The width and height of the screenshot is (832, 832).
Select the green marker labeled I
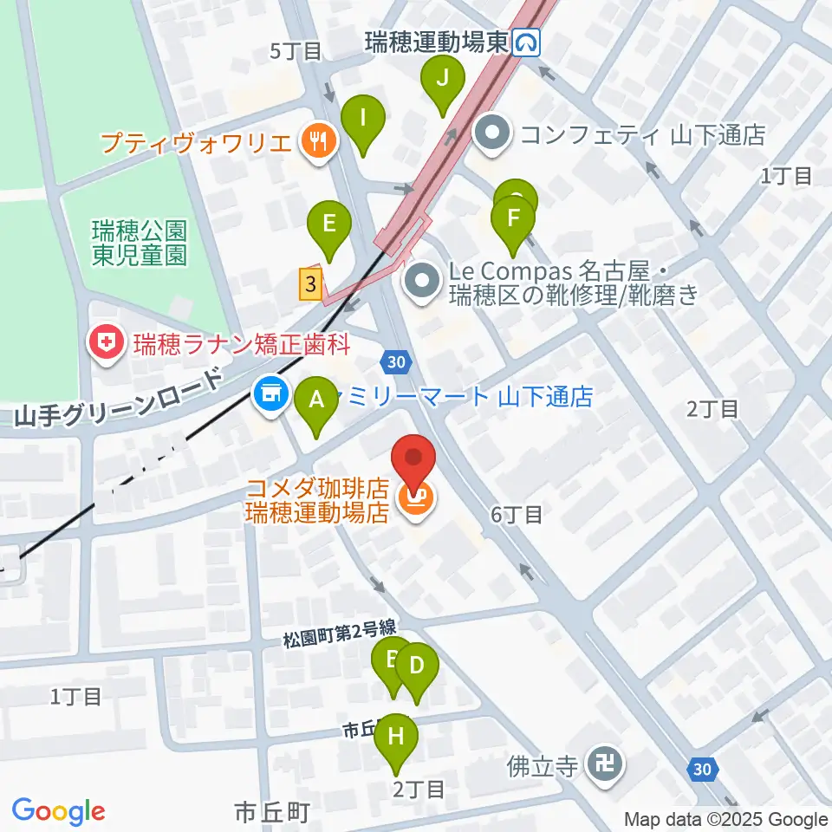(x=363, y=117)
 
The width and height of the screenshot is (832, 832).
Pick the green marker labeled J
(x=443, y=79)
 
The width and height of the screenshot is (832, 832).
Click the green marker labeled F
(x=513, y=218)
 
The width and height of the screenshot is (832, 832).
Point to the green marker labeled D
(x=417, y=666)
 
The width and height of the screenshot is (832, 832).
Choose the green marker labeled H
(x=397, y=737)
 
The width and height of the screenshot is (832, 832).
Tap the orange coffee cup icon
(x=414, y=498)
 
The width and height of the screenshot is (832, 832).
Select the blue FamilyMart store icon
(x=269, y=393)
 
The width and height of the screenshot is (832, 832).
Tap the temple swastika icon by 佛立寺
(x=602, y=764)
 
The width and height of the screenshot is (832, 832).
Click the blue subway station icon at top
(x=526, y=42)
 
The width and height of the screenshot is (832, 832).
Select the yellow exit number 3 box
(x=311, y=283)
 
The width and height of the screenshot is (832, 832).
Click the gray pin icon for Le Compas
(x=423, y=283)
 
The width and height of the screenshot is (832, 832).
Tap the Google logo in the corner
(x=58, y=811)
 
